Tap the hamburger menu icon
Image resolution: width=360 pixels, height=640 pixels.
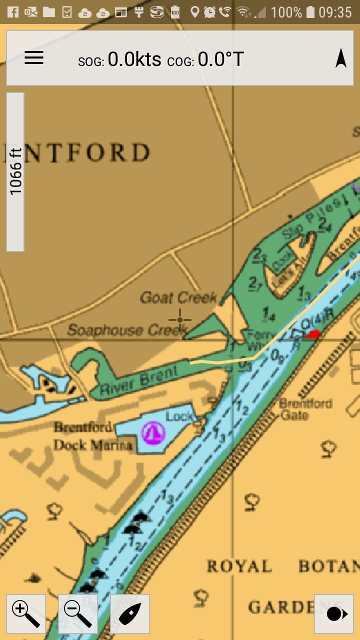(34, 58)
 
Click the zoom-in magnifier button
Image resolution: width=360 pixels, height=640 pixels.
(26, 613)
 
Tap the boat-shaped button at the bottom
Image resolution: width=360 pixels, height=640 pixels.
(130, 613)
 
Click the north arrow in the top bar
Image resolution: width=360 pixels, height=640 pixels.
(341, 58)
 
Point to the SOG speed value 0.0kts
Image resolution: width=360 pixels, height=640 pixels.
(134, 59)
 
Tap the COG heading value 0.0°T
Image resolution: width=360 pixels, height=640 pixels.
(220, 59)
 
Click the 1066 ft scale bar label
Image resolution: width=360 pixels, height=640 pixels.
(15, 171)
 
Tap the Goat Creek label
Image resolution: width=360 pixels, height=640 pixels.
(178, 298)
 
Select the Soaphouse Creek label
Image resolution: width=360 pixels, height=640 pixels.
(127, 330)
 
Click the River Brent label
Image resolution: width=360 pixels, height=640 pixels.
(139, 380)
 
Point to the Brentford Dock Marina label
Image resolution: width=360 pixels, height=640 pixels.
(93, 436)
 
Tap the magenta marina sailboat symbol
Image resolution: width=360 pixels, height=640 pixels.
(153, 432)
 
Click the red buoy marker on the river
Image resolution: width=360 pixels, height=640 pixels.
(313, 334)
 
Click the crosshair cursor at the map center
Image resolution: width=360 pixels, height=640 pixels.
(179, 319)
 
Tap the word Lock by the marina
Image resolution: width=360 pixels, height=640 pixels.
(179, 416)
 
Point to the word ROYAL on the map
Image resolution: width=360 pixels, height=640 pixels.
(239, 566)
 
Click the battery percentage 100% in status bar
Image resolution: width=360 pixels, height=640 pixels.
(286, 11)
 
